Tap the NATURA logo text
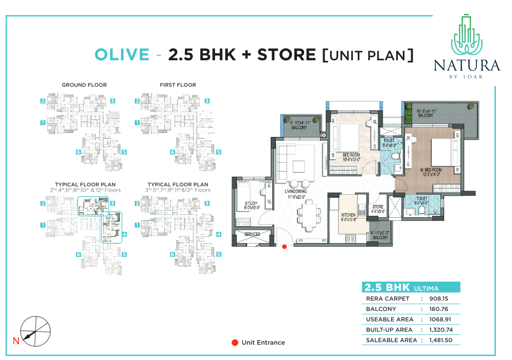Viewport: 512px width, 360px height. click(467, 65)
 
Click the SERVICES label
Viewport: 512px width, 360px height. click(252, 234)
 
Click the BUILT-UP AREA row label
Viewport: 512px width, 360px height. click(389, 330)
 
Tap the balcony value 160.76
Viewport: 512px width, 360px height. click(439, 309)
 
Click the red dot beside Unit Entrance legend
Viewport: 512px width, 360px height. click(235, 342)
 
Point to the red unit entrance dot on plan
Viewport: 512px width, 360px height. click(284, 247)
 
